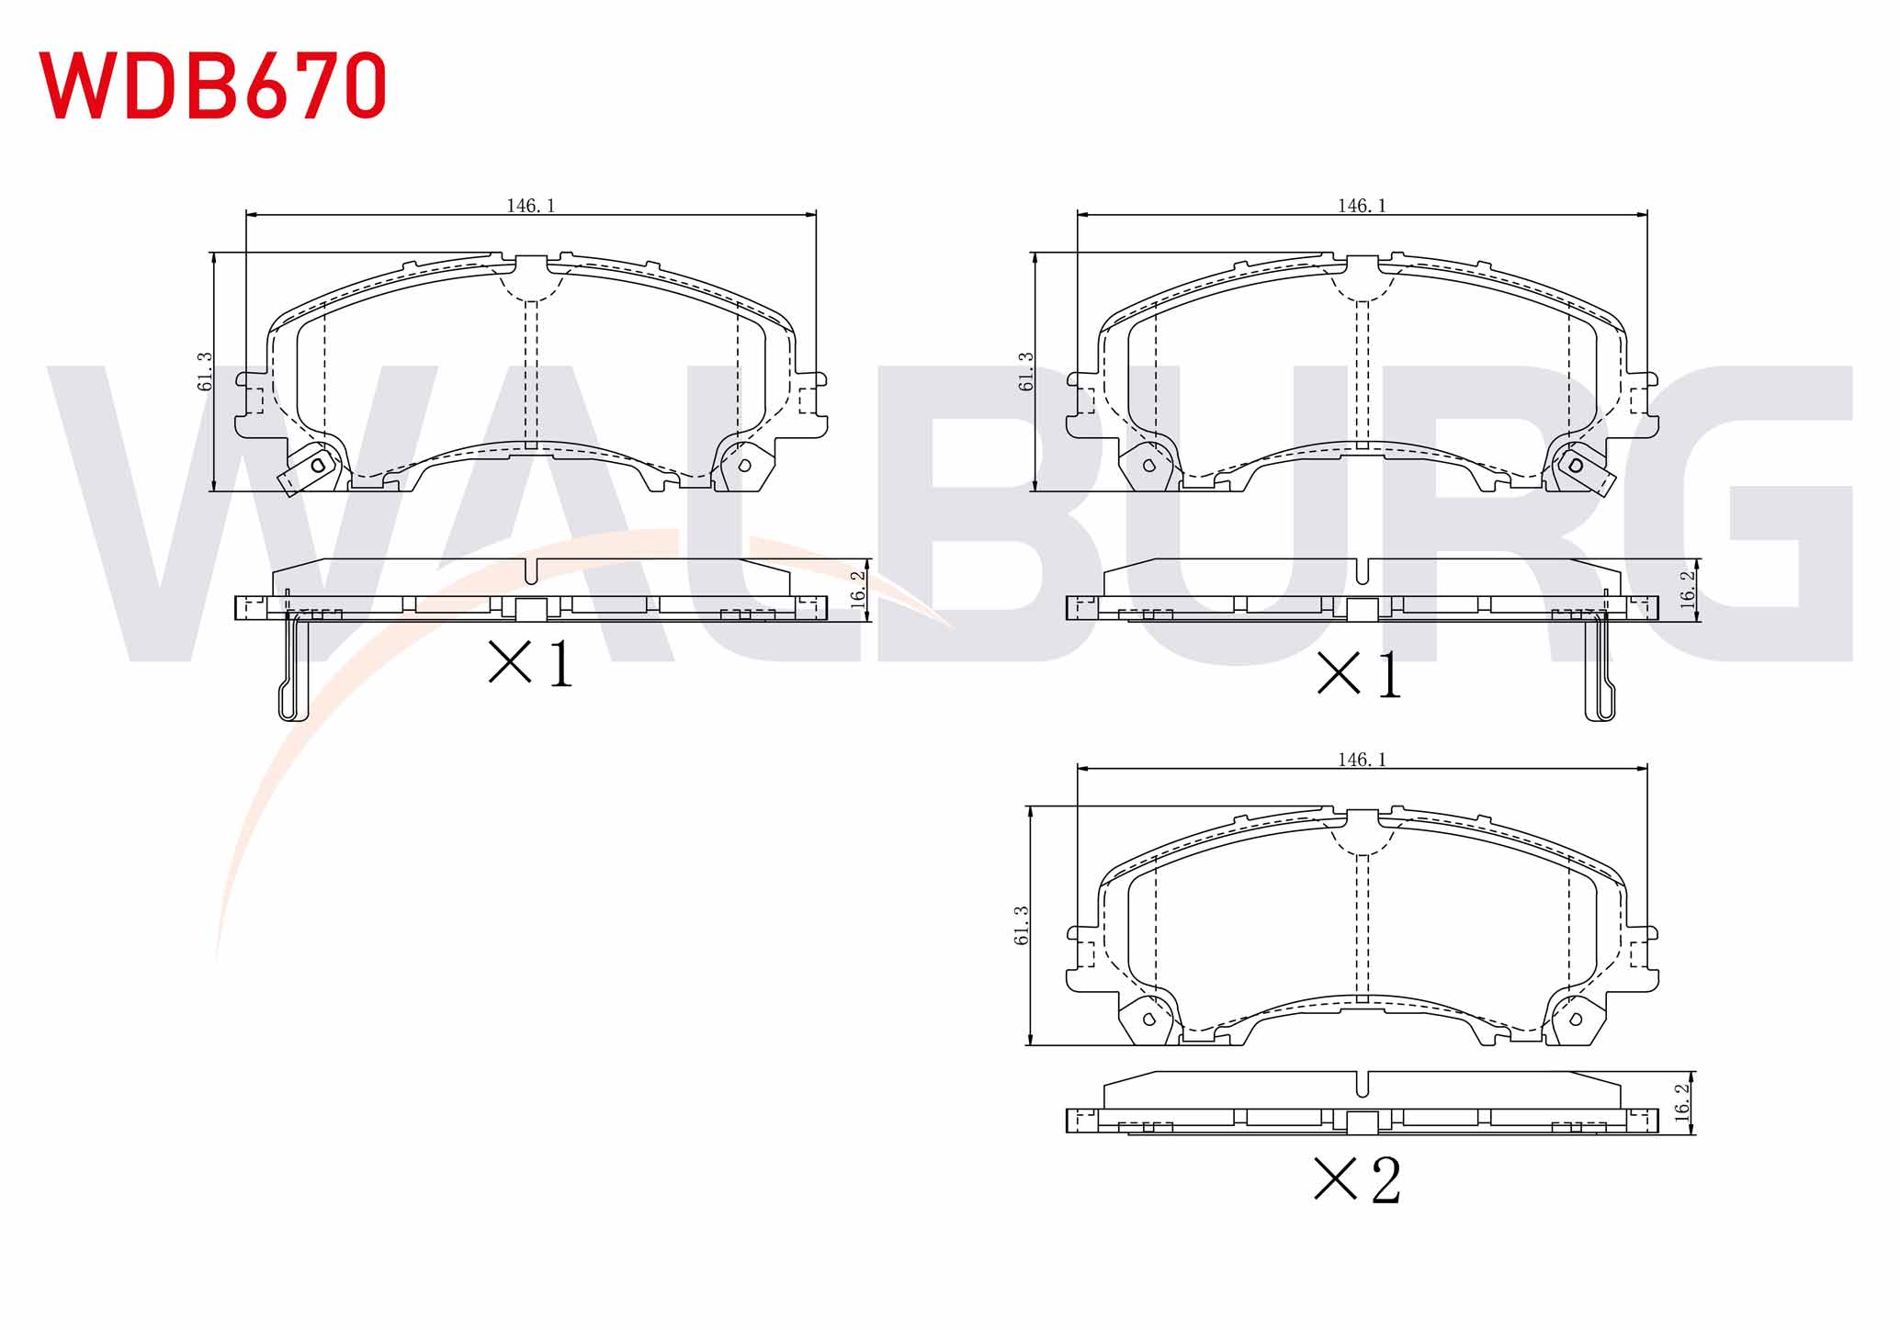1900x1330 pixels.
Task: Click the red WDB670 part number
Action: (x=212, y=85)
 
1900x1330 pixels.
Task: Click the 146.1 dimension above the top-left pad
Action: (x=531, y=206)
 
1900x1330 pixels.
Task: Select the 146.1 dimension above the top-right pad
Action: (x=1362, y=206)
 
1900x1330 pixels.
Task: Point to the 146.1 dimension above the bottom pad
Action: (x=1362, y=760)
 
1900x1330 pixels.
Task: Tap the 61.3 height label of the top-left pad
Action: (x=205, y=371)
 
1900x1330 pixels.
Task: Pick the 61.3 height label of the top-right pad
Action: (x=1026, y=371)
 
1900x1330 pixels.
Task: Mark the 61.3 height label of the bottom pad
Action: (x=1022, y=925)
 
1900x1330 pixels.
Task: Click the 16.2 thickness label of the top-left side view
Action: (x=858, y=588)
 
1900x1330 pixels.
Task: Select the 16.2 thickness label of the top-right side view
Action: (x=1688, y=588)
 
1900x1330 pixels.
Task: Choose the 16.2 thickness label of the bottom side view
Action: (x=1682, y=1100)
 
